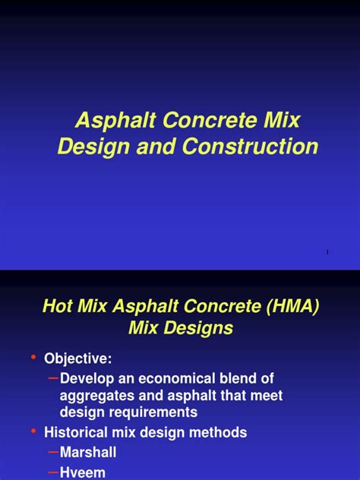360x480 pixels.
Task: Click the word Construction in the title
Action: (x=250, y=147)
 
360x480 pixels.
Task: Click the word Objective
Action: (x=88, y=358)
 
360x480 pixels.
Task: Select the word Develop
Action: (x=88, y=378)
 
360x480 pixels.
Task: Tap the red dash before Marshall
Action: (x=52, y=451)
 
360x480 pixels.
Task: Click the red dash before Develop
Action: (x=52, y=377)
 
